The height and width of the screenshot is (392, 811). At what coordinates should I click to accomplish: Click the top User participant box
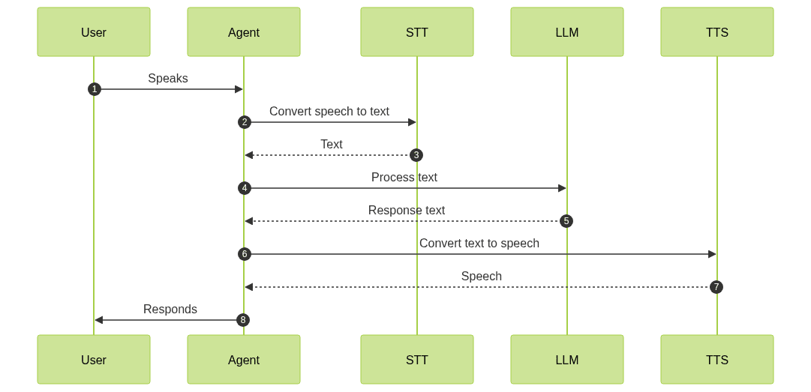pos(94,32)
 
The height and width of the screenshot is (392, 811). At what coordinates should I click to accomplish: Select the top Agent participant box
pos(244,32)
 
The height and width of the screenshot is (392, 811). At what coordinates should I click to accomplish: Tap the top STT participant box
pos(417,32)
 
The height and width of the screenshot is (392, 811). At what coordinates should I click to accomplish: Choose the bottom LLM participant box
pos(567,360)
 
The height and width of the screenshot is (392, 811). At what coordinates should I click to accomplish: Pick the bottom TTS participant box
pos(717,360)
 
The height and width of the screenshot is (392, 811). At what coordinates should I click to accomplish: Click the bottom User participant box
pos(94,360)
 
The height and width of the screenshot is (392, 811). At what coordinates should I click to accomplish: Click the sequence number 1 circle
pos(94,89)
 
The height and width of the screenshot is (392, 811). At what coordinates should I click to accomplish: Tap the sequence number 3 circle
pos(416,155)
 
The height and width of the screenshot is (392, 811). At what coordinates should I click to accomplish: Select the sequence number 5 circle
pos(566,221)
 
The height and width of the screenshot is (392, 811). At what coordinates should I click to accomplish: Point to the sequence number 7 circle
pos(716,287)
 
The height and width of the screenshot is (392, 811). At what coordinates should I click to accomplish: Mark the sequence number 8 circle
pos(242,320)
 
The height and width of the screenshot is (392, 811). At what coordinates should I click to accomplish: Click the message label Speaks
pos(168,78)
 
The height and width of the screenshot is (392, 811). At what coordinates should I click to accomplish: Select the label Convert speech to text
pos(329,111)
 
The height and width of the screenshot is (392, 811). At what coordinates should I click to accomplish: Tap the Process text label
pos(404,177)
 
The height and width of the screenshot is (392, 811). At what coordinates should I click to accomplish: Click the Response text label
pos(407,210)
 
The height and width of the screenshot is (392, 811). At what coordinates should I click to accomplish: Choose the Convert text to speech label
pos(479,243)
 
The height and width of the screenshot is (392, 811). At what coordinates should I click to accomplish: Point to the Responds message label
pos(170,309)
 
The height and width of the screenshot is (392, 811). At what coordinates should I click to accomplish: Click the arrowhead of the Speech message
pos(249,287)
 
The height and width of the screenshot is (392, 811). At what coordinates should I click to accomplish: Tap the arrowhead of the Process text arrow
pos(562,188)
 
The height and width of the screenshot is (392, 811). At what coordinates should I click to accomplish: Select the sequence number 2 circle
pos(244,122)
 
